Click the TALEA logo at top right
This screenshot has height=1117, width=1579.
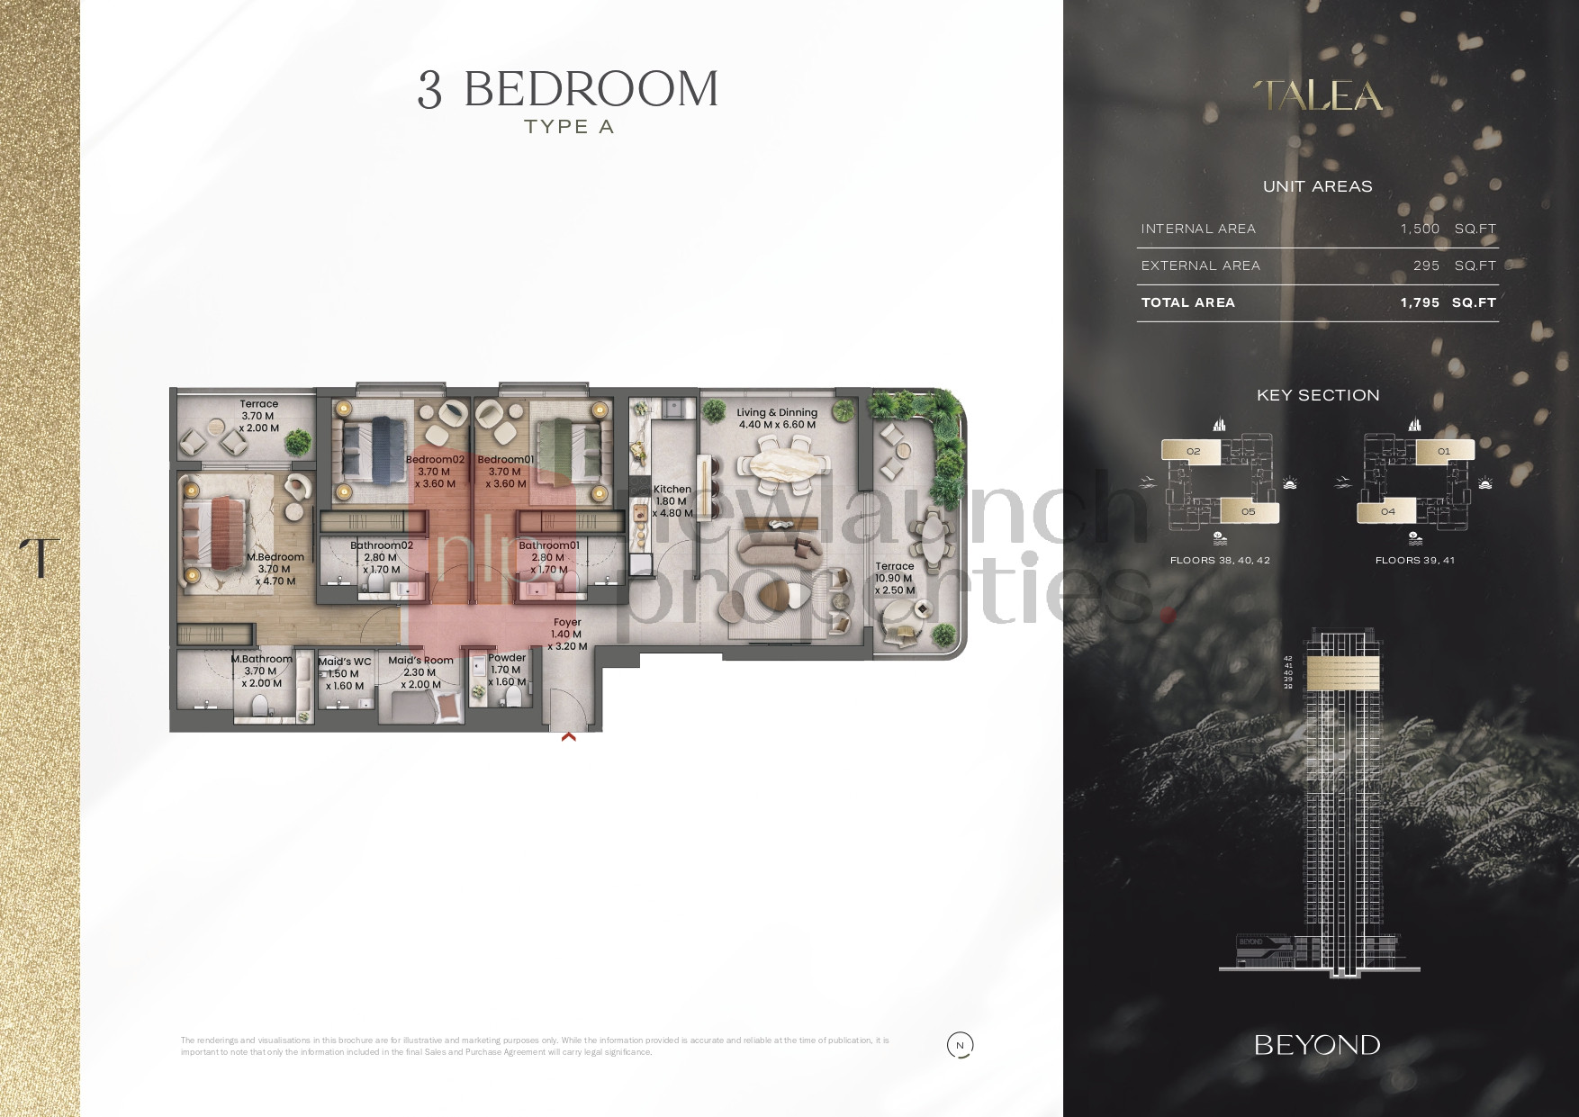[x=1318, y=96]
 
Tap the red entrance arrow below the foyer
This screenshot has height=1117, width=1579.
[x=568, y=736]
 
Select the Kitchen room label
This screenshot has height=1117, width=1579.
[x=672, y=490]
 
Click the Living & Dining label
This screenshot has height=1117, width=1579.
[x=777, y=413]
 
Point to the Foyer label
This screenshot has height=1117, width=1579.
[x=567, y=622]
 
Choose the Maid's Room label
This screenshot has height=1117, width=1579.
[x=420, y=661]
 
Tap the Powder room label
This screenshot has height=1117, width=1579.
[x=507, y=658]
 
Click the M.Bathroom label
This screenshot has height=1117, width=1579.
[x=262, y=659]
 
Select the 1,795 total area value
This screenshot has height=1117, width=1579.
[x=1420, y=302]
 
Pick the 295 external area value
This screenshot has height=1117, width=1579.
[x=1426, y=266]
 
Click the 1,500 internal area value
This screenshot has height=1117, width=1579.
[x=1420, y=229]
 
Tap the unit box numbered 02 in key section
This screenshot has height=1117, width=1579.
[x=1193, y=452]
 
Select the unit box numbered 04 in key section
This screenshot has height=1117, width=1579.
[x=1387, y=511]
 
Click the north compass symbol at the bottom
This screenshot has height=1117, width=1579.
[x=961, y=1045]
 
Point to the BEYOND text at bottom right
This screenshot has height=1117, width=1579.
[x=1317, y=1045]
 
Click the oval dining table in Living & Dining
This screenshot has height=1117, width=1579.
[x=781, y=465]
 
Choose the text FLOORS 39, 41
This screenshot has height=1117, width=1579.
[x=1414, y=560]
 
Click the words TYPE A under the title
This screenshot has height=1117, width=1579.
[x=569, y=127]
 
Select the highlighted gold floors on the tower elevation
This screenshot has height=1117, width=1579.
[x=1342, y=671]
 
